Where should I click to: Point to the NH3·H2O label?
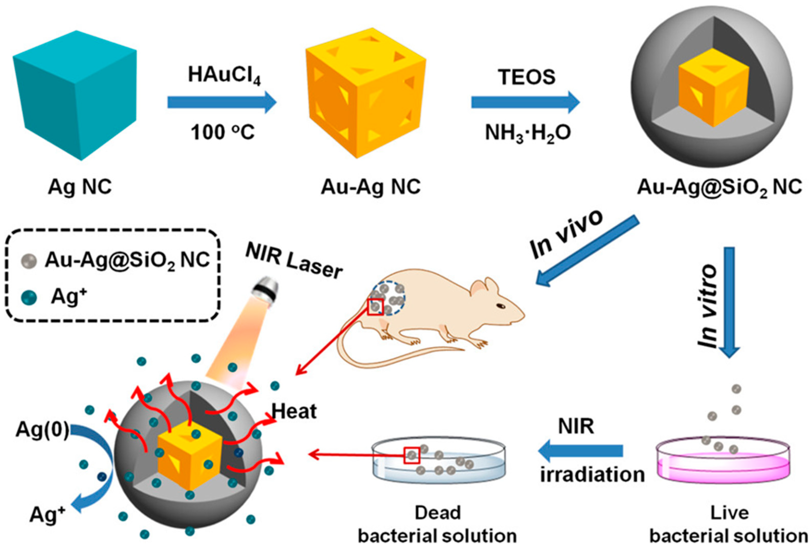coord(528,133)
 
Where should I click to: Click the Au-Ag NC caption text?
coord(371,187)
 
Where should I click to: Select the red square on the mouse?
coord(375,307)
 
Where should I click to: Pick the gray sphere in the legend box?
coord(29,261)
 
